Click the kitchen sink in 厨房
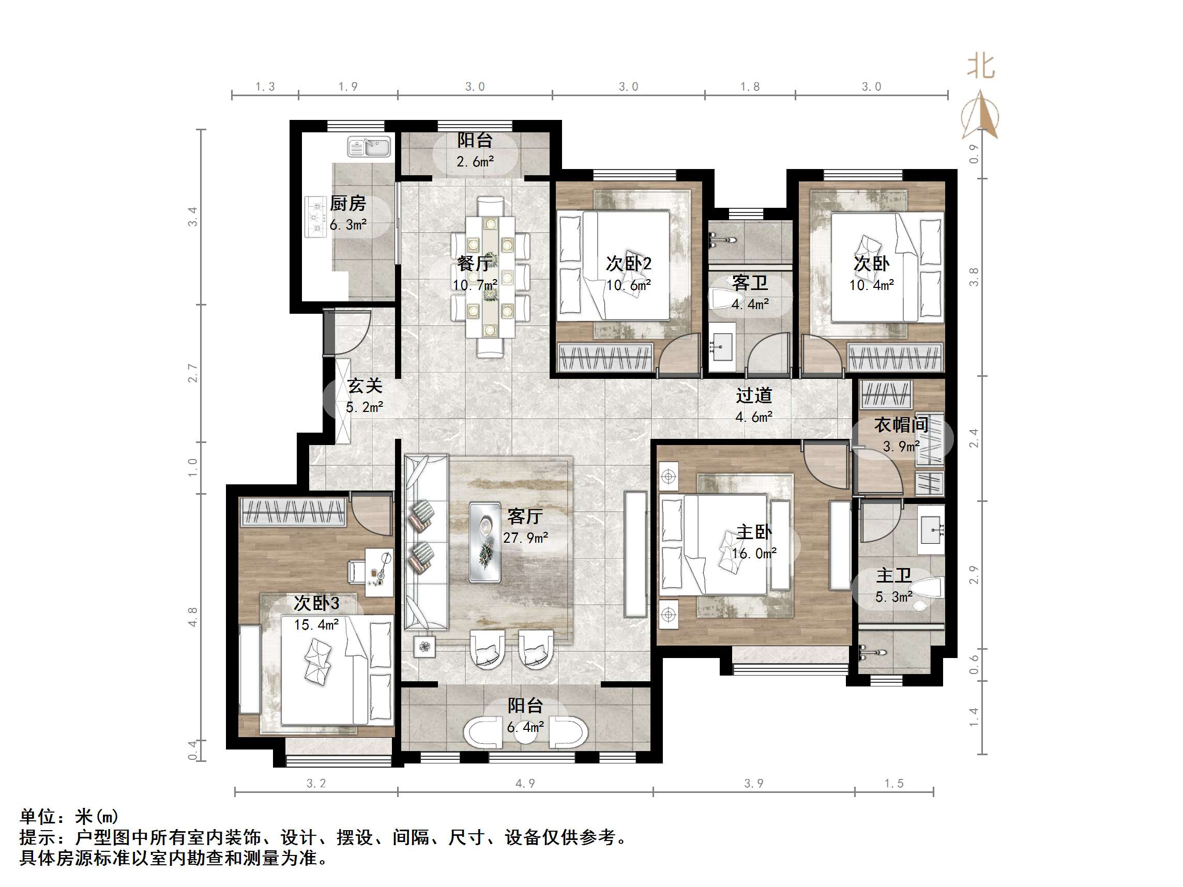pos(369,146)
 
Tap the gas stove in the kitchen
pos(315,217)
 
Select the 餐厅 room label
pos(474,264)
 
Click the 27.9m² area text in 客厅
pos(525,538)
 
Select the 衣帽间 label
pos(901,425)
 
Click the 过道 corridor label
pos(753,395)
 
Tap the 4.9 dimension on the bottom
pos(525,783)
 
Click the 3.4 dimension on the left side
pos(192,217)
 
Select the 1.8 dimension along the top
pos(749,87)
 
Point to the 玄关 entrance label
pos(365,386)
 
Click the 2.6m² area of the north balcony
pos(475,161)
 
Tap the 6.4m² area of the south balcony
pos(525,727)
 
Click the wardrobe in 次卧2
pos(605,357)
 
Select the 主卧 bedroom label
pos(754,532)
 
